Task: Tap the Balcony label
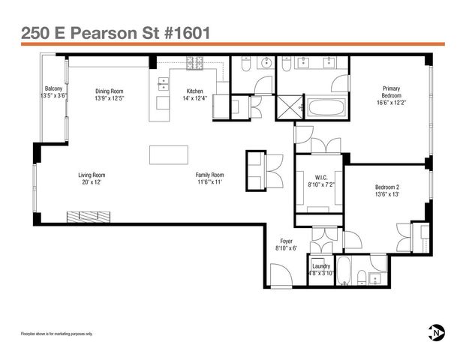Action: coord(53,88)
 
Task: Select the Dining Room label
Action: coord(109,88)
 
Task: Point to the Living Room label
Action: coord(91,175)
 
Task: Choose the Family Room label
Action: coord(210,175)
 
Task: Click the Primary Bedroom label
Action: coord(391,92)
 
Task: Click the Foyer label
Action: coord(287,241)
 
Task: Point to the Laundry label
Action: coord(321,266)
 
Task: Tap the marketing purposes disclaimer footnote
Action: coord(56,334)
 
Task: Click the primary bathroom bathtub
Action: coord(327,109)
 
